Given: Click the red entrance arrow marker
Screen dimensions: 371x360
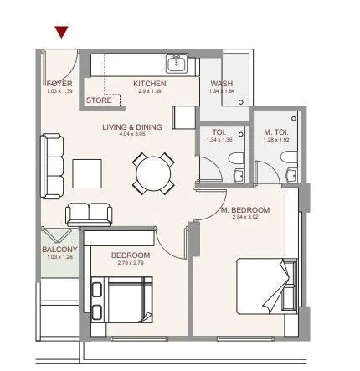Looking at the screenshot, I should pos(61,33).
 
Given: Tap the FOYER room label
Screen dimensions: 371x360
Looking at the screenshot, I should pos(59,83).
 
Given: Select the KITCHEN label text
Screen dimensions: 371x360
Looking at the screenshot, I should pos(150,84).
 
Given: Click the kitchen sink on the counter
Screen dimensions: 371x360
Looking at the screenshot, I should pos(177,64).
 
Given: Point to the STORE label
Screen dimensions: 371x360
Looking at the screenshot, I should pos(98,100).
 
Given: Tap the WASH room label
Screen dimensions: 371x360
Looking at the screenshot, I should pos(221,84).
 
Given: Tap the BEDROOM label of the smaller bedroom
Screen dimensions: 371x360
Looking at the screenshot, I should pos(131,255).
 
